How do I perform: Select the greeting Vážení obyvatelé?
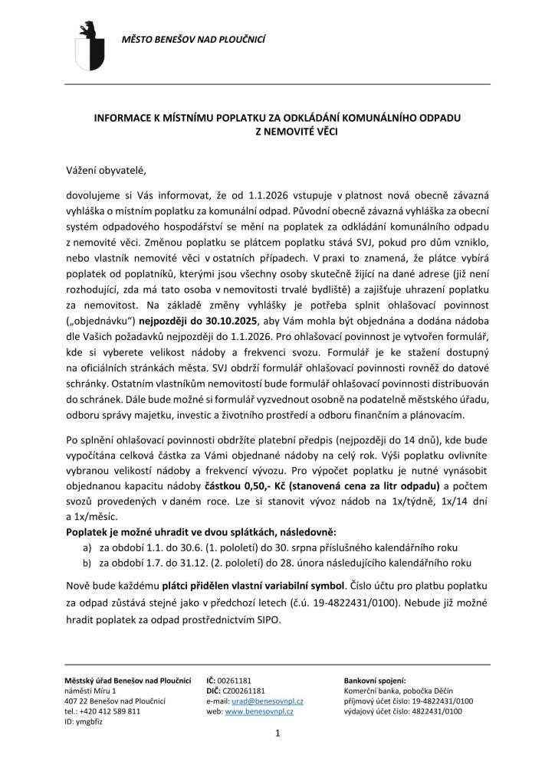coord(105,170)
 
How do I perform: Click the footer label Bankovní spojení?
coord(375,680)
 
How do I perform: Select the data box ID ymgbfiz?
coord(84,720)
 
